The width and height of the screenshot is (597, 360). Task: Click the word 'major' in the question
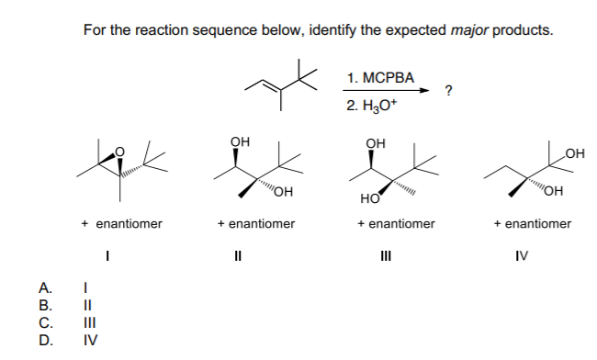point(471,29)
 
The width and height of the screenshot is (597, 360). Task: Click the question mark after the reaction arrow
point(447,90)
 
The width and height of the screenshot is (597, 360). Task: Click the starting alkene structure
point(284,81)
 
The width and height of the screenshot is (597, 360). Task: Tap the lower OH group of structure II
point(281,191)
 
